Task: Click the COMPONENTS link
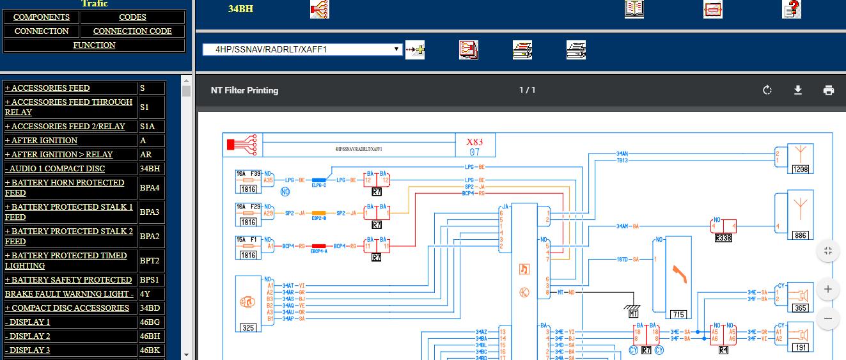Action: click(x=42, y=17)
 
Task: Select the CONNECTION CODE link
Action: click(x=132, y=31)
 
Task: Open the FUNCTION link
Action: click(x=94, y=45)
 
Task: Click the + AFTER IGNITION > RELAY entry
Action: click(x=59, y=155)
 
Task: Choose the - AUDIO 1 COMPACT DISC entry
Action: click(x=55, y=169)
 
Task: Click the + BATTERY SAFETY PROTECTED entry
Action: click(x=68, y=280)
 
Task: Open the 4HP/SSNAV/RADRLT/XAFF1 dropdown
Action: click(x=302, y=49)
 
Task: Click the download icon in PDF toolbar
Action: click(x=798, y=90)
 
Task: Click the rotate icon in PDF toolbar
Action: click(x=767, y=90)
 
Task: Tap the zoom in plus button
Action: click(x=828, y=289)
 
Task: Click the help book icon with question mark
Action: click(x=792, y=9)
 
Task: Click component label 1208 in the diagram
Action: click(x=800, y=169)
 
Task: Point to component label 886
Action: click(x=800, y=235)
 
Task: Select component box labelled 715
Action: click(x=678, y=314)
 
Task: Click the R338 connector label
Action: click(x=723, y=238)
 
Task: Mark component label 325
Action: click(x=248, y=328)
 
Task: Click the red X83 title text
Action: click(x=474, y=142)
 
